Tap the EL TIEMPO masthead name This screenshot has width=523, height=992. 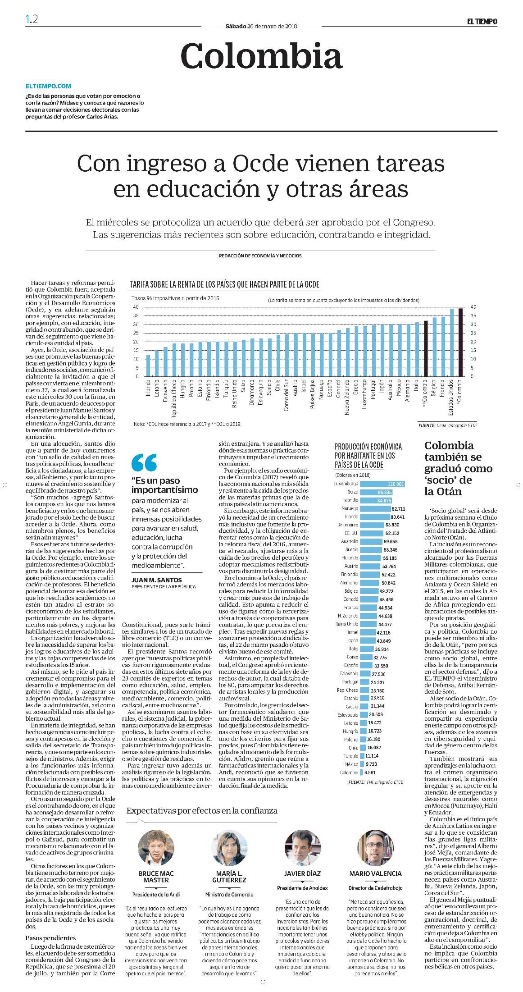point(482,21)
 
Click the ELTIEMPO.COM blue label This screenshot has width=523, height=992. point(49,86)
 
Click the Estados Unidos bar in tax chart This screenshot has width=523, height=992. point(452,343)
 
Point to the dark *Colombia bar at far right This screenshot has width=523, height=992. point(460,342)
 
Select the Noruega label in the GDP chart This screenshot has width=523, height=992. point(350,508)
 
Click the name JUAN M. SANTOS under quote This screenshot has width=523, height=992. point(153,580)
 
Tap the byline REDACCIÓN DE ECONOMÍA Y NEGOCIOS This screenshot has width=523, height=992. point(260,256)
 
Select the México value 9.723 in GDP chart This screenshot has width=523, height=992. point(373,764)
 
